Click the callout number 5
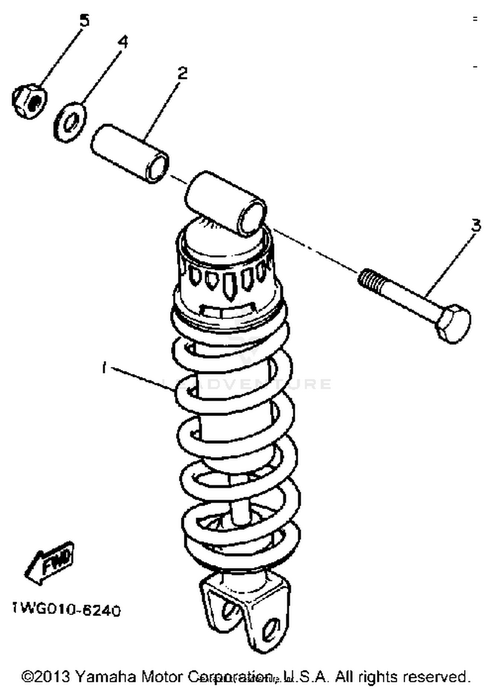coord(84,21)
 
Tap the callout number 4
coord(123,42)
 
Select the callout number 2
coord(182,73)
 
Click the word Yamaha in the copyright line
coord(105,677)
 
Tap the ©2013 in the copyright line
coord(46,677)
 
